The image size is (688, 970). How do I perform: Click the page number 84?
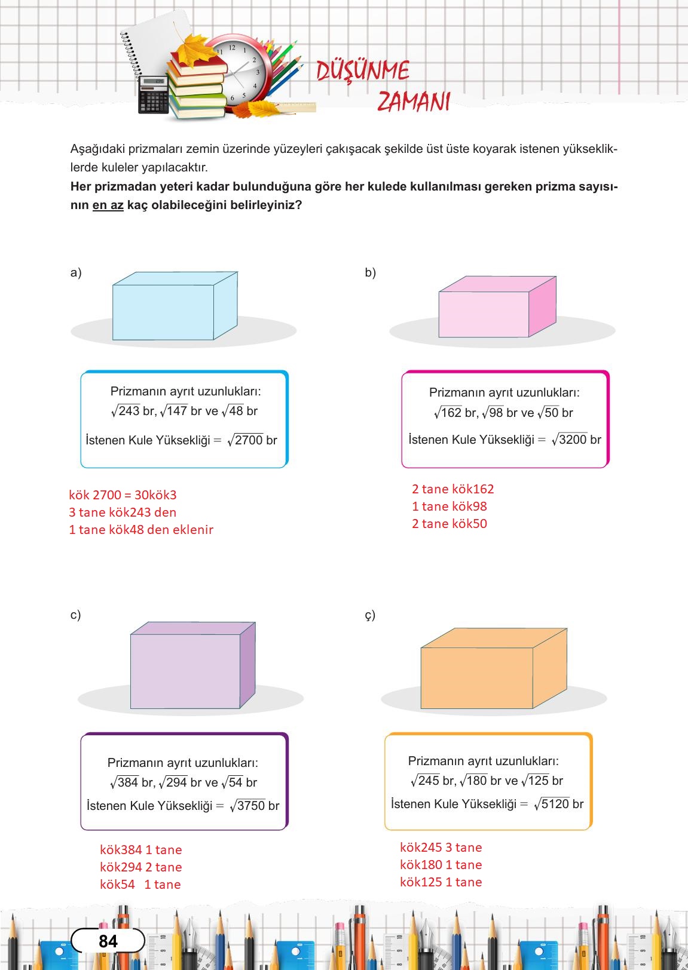click(108, 941)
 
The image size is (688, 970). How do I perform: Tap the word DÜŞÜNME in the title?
click(363, 71)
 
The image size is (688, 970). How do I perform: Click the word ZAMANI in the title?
click(414, 102)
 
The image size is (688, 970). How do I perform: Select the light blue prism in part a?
click(173, 307)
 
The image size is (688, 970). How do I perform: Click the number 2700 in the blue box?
click(249, 440)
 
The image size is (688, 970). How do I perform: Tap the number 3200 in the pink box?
click(573, 440)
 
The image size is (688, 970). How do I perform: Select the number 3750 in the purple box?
click(251, 806)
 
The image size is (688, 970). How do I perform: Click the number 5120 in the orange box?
click(555, 804)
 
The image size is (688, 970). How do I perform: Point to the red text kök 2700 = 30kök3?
click(123, 495)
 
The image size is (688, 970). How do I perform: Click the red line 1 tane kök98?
click(450, 507)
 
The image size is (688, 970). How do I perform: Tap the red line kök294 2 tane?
click(141, 867)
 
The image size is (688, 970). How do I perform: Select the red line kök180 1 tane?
click(441, 865)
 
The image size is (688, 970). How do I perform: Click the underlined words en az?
click(108, 205)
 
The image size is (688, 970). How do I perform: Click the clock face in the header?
click(238, 72)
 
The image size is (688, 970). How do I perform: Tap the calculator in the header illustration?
click(154, 96)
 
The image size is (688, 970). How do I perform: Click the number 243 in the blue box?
click(129, 411)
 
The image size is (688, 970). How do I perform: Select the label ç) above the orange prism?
click(370, 615)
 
